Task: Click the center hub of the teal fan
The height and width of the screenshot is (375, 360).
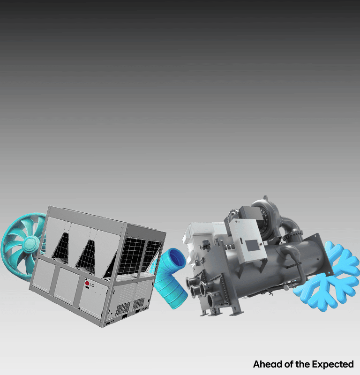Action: point(31,243)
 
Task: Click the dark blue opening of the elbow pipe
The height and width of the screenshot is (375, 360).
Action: point(177,258)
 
